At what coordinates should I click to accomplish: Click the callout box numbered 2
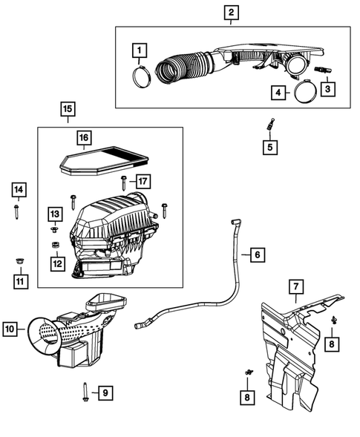click(232, 12)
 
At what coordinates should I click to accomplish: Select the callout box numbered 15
click(68, 112)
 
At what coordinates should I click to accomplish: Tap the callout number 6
click(255, 255)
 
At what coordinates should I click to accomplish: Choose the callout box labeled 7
click(295, 286)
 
